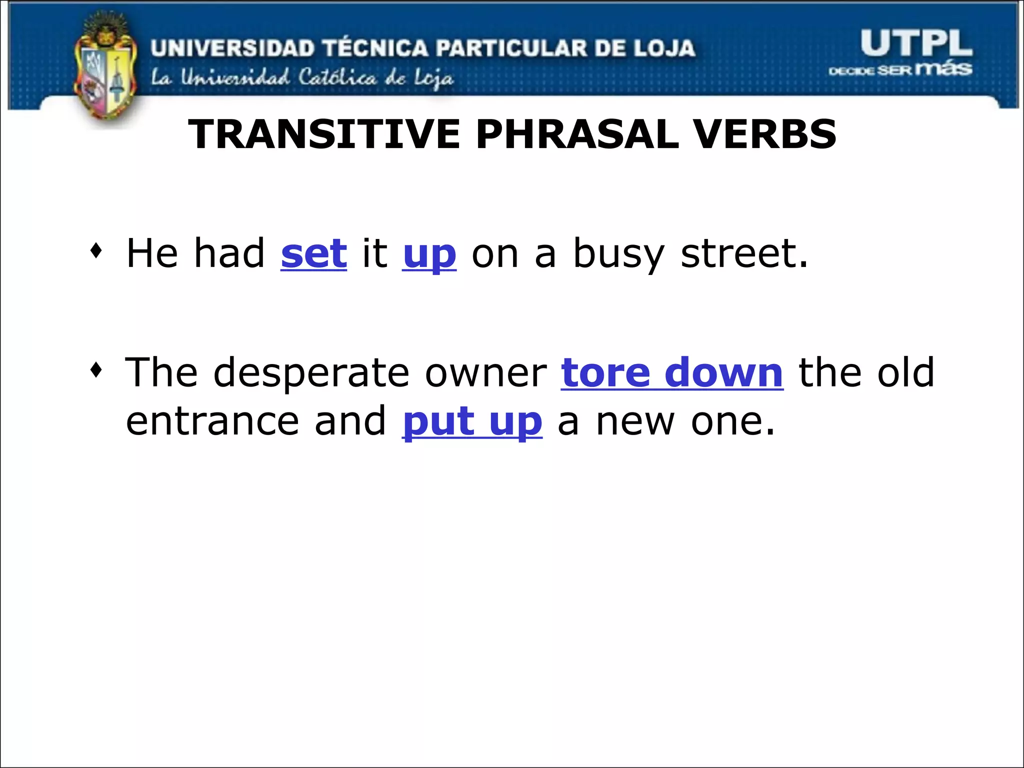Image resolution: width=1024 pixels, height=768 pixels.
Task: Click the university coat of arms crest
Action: tap(105, 70)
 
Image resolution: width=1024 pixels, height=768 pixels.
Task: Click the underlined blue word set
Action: tap(313, 253)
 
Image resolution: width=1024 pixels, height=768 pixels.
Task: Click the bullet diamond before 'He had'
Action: tap(96, 251)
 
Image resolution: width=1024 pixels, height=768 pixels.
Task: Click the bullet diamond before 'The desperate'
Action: tap(96, 370)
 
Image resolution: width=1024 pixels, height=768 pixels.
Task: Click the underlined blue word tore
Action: tap(605, 373)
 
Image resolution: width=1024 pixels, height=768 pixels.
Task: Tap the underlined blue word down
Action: tap(723, 373)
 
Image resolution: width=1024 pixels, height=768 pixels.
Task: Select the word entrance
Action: tap(212, 421)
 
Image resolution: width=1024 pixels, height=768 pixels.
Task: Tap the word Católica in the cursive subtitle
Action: tap(337, 77)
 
